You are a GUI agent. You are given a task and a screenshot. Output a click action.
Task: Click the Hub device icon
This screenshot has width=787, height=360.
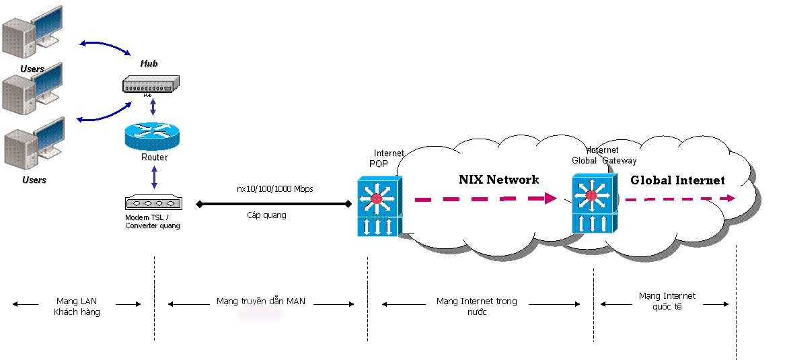152,85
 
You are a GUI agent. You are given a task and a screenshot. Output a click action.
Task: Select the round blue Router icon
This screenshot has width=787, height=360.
153,137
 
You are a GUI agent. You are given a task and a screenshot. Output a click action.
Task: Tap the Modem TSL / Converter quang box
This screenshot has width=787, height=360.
153,203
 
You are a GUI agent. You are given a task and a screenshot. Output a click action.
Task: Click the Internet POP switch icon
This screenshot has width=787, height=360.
379,206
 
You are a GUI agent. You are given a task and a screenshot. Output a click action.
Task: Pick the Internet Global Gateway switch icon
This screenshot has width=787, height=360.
593,203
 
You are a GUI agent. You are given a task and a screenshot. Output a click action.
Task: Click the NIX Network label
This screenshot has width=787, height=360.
498,180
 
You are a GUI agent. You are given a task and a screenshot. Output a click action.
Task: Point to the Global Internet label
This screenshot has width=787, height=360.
677,180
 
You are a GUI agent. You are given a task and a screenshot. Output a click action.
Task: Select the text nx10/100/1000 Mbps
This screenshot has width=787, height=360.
274,189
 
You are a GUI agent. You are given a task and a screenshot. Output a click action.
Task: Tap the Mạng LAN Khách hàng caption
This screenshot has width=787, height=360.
77,307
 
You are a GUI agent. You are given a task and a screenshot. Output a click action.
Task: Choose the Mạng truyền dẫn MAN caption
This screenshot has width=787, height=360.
261,301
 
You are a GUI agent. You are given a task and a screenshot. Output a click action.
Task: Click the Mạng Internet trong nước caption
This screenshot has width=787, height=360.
476,306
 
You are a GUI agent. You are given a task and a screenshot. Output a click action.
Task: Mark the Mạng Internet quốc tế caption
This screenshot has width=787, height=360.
667,301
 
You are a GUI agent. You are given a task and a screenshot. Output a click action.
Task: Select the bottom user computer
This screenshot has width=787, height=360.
34,144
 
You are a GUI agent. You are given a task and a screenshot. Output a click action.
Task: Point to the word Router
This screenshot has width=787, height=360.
154,157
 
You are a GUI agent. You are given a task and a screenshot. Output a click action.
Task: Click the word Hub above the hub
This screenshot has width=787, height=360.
149,63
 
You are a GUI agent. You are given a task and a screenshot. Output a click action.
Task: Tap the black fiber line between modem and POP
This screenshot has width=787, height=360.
273,203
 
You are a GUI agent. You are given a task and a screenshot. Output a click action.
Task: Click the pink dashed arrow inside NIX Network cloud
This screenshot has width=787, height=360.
484,199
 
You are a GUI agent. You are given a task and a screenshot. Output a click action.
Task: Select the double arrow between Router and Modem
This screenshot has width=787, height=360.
155,177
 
